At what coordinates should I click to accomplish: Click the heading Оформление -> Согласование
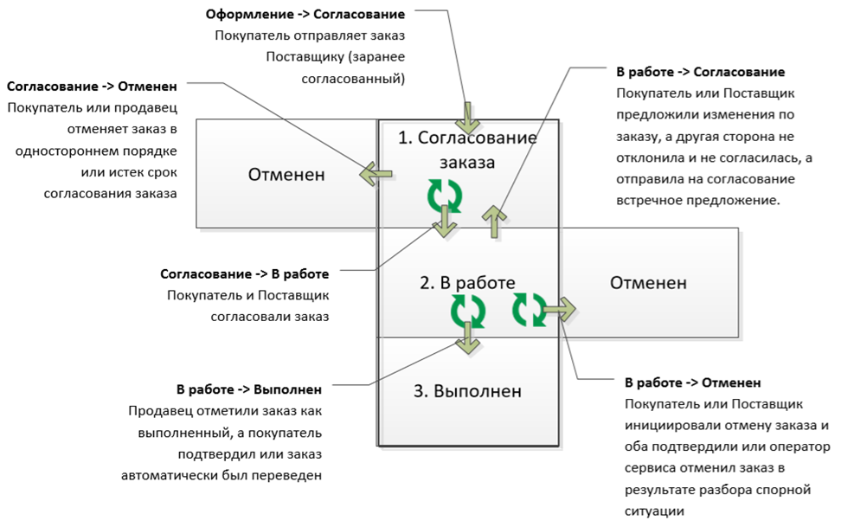pyautogui.click(x=305, y=16)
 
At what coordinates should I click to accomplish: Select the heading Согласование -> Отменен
pyautogui.click(x=92, y=87)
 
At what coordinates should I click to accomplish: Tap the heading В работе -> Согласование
pyautogui.click(x=700, y=72)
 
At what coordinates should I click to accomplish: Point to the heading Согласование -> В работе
pyautogui.click(x=245, y=273)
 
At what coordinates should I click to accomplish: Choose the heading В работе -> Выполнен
pyautogui.click(x=249, y=389)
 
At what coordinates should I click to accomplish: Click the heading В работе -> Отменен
pyautogui.click(x=693, y=382)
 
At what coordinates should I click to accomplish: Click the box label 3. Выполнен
pyautogui.click(x=467, y=390)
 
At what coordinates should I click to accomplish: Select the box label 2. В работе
pyautogui.click(x=467, y=282)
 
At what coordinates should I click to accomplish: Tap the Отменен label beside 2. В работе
pyautogui.click(x=648, y=282)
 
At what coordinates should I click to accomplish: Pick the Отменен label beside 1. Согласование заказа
pyautogui.click(x=286, y=174)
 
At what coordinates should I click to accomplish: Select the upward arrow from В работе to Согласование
pyautogui.click(x=493, y=221)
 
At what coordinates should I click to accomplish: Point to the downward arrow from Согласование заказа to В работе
pyautogui.click(x=446, y=222)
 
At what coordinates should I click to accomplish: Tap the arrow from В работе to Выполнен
pyautogui.click(x=467, y=338)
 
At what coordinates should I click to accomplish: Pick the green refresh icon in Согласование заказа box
pyautogui.click(x=445, y=195)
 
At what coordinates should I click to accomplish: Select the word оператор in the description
pyautogui.click(x=801, y=447)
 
